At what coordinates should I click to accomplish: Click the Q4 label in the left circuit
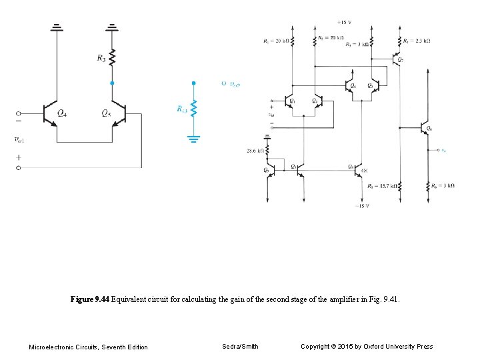point(61,113)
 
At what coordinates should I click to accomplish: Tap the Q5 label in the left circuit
point(105,113)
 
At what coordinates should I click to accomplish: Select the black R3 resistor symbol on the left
point(112,58)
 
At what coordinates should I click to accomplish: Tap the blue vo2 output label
point(234,84)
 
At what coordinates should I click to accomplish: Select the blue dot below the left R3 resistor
point(112,83)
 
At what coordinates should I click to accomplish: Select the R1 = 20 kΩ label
point(276,41)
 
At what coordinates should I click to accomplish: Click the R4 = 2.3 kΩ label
point(417,41)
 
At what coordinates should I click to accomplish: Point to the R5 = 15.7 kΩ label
point(381,187)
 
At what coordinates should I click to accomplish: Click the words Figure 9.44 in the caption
point(89,300)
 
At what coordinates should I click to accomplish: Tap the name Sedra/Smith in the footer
point(240,346)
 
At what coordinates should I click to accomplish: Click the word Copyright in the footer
point(316,346)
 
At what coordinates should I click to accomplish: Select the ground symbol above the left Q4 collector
point(57,27)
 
